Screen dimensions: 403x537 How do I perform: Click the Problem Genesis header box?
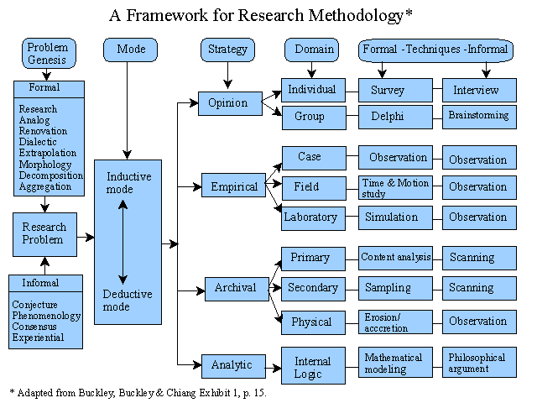pyautogui.click(x=48, y=54)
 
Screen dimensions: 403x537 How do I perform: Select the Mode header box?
pyautogui.click(x=129, y=50)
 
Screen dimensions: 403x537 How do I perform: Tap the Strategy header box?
pyautogui.click(x=227, y=50)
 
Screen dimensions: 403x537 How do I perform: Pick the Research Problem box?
pyautogui.click(x=44, y=233)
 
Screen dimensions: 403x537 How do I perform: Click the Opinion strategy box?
pyautogui.click(x=228, y=103)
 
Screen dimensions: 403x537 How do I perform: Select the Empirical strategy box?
pyautogui.click(x=233, y=186)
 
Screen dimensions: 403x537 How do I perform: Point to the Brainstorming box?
pyautogui.click(x=479, y=117)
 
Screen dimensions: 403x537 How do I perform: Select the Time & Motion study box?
pyautogui.click(x=395, y=187)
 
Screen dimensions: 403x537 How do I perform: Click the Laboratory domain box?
pyautogui.click(x=310, y=217)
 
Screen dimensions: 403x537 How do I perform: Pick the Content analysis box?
pyautogui.click(x=395, y=258)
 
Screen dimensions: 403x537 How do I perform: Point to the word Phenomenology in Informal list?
pyautogui.click(x=47, y=315)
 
